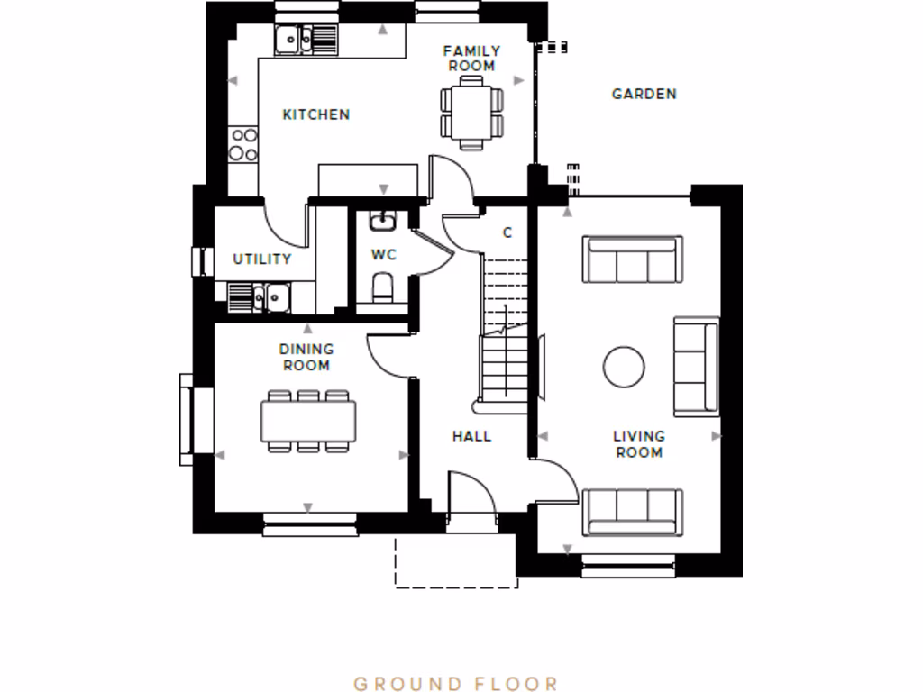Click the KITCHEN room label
(315, 114)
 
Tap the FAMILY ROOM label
(471, 59)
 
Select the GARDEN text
(644, 94)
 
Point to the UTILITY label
(262, 259)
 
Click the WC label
(384, 255)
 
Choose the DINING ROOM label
(306, 357)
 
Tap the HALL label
(471, 436)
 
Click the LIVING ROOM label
(639, 444)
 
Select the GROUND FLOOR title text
(456, 684)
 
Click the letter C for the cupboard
(507, 232)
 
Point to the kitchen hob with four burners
(243, 144)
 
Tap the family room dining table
(472, 112)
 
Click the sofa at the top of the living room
(633, 259)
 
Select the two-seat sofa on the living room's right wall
(696, 367)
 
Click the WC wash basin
(383, 221)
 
